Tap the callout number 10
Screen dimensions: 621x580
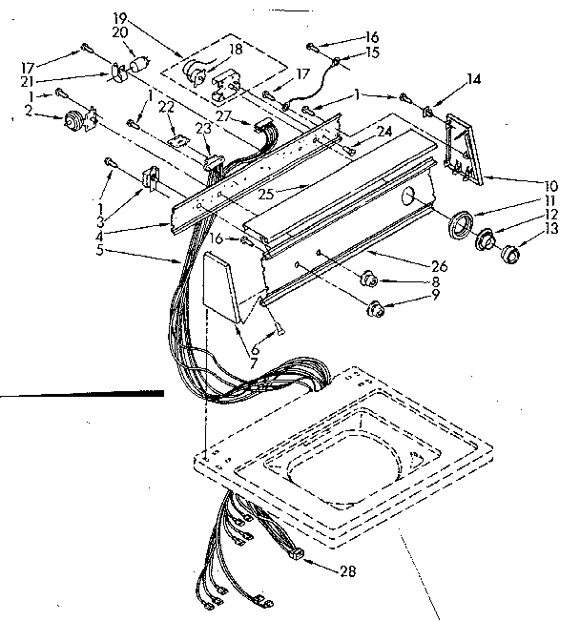click(551, 185)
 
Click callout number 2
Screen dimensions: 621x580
click(31, 112)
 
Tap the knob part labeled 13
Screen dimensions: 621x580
click(513, 254)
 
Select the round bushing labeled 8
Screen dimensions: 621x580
click(370, 280)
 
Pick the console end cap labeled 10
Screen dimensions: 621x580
click(463, 148)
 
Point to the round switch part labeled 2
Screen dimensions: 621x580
click(72, 122)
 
